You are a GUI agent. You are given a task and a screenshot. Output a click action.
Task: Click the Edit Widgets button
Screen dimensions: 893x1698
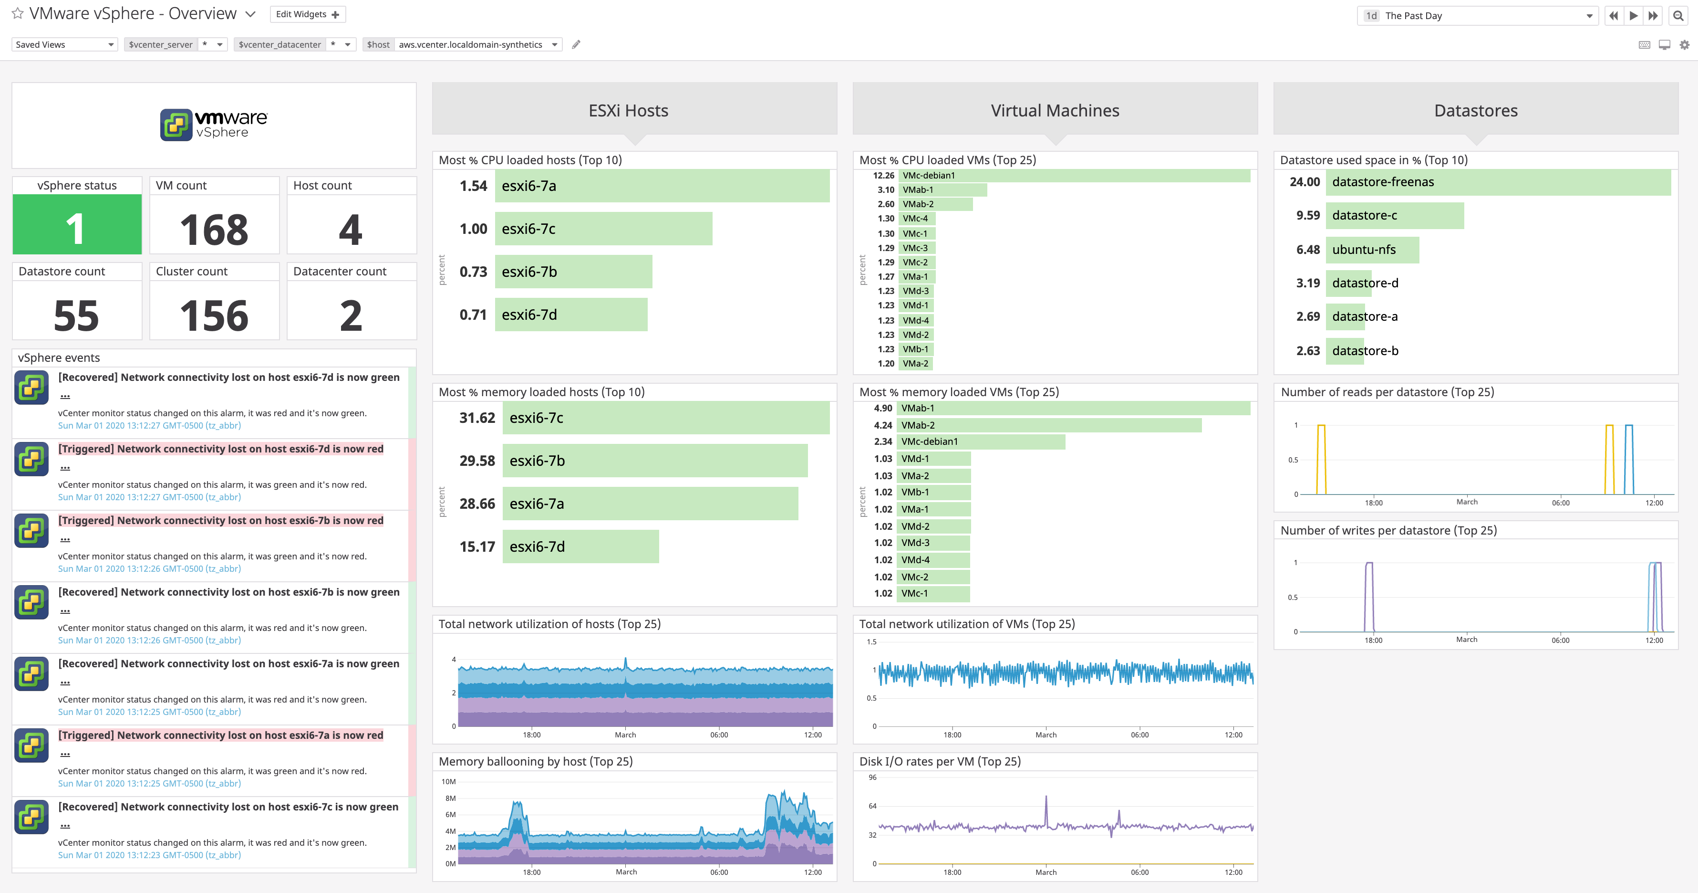point(307,14)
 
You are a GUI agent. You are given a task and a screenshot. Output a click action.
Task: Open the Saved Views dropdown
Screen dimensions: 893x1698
point(64,45)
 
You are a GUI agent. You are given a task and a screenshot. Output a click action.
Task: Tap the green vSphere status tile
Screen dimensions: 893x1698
point(76,224)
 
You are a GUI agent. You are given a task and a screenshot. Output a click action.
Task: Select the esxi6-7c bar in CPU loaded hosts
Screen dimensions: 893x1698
point(603,229)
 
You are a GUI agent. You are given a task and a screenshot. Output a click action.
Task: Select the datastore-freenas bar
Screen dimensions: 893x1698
point(1498,182)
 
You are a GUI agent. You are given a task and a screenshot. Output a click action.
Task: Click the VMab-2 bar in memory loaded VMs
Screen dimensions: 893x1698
point(1051,425)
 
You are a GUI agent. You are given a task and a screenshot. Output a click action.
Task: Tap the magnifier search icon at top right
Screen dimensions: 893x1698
point(1678,15)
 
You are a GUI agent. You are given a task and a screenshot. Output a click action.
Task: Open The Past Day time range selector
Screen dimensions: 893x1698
point(1477,16)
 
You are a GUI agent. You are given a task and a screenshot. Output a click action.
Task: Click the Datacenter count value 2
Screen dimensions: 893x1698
point(351,315)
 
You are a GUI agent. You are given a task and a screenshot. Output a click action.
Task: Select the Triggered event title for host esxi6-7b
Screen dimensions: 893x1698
point(220,520)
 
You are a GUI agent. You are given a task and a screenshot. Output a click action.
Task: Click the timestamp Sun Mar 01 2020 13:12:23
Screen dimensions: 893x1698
point(149,855)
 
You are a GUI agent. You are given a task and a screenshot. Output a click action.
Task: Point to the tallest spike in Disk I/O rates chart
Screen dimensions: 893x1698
point(1046,798)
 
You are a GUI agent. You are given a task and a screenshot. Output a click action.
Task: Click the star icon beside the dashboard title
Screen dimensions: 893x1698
point(18,14)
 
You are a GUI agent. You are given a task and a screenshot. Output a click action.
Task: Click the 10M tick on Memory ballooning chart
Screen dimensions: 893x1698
point(448,781)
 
